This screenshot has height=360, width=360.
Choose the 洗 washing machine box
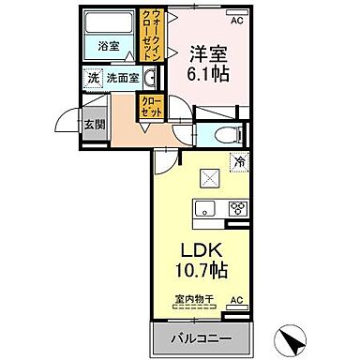[93, 79]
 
